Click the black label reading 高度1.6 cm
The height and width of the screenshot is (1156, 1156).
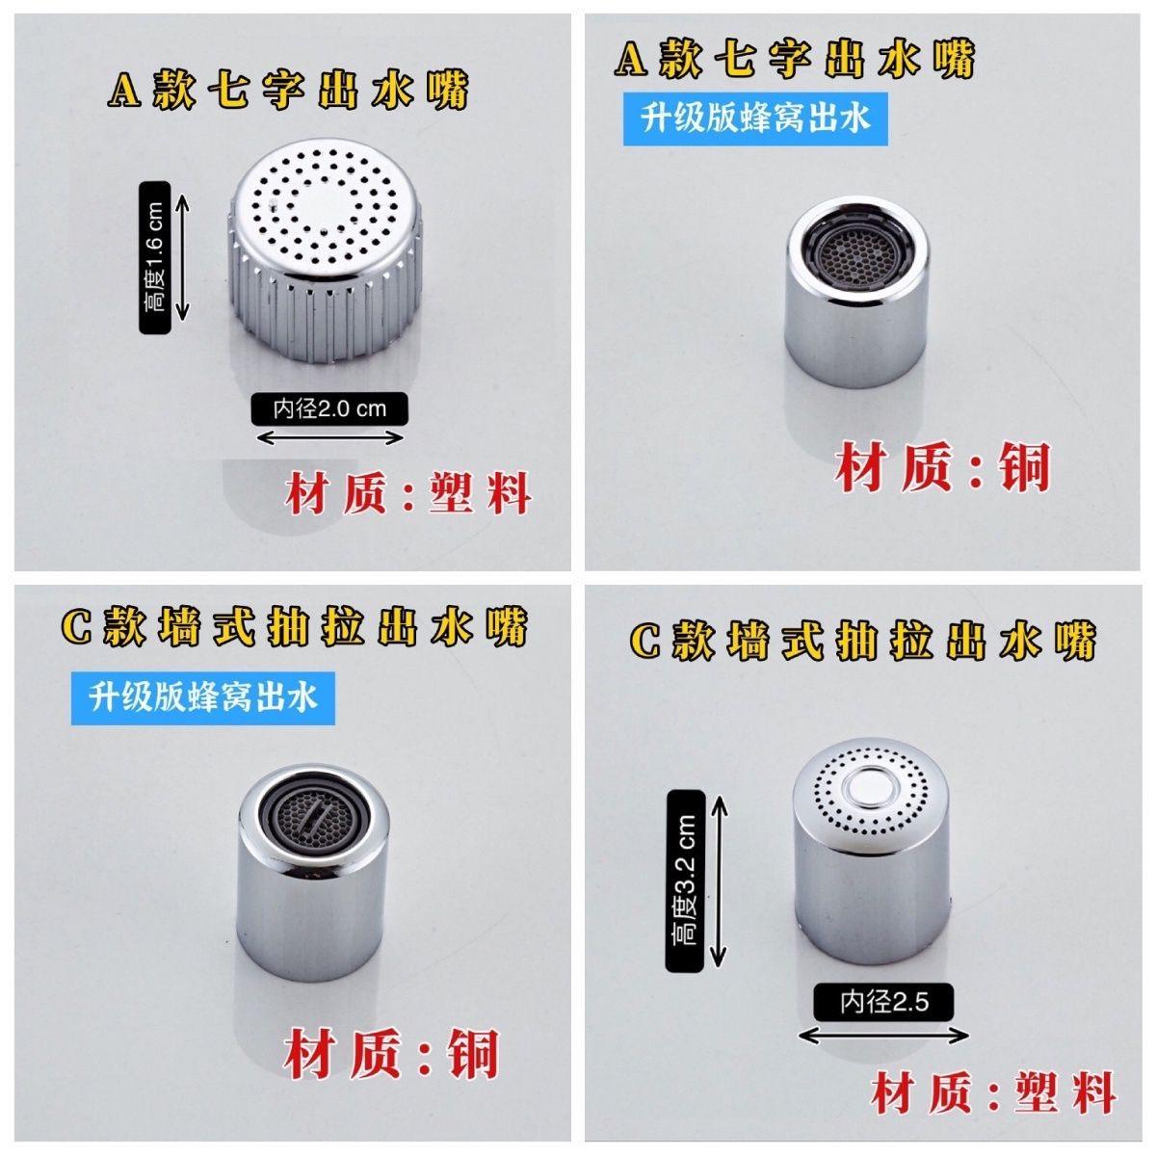click(155, 257)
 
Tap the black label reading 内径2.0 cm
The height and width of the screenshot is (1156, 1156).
click(329, 408)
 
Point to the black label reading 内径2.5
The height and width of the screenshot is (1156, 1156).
click(883, 1003)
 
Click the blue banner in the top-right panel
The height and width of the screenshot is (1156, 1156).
click(755, 118)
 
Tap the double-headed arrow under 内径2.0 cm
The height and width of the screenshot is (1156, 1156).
click(330, 438)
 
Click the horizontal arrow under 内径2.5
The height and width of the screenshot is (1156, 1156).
click(884, 1036)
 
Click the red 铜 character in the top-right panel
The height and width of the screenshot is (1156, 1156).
click(1023, 469)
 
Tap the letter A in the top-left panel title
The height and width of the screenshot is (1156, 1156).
click(126, 92)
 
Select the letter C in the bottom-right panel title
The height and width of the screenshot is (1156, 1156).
click(646, 641)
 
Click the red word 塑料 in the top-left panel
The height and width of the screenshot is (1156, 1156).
click(480, 494)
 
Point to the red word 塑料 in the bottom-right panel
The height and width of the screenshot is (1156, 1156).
click(1065, 1093)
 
